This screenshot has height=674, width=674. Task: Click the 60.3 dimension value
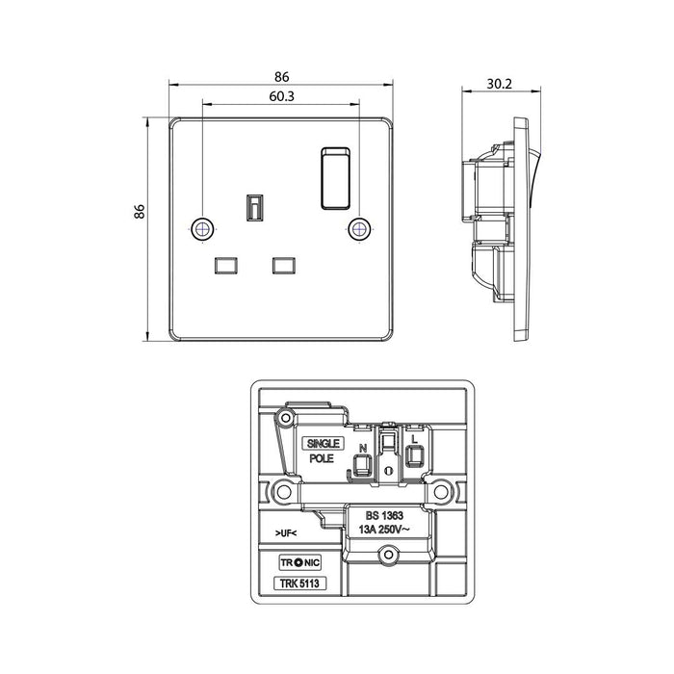(x=281, y=96)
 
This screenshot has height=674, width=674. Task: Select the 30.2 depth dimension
(x=499, y=84)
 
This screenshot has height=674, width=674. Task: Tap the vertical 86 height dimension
(x=140, y=212)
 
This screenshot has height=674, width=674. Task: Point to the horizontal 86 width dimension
(x=281, y=77)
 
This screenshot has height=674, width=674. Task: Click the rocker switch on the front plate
(x=335, y=178)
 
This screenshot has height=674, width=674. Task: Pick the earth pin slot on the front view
(x=255, y=208)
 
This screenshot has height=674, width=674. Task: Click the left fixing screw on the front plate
(x=202, y=229)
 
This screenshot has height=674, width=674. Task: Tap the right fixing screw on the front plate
(x=359, y=229)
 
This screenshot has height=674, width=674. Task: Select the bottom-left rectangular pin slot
(x=225, y=265)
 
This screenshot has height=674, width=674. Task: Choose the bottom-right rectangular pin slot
(x=284, y=265)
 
